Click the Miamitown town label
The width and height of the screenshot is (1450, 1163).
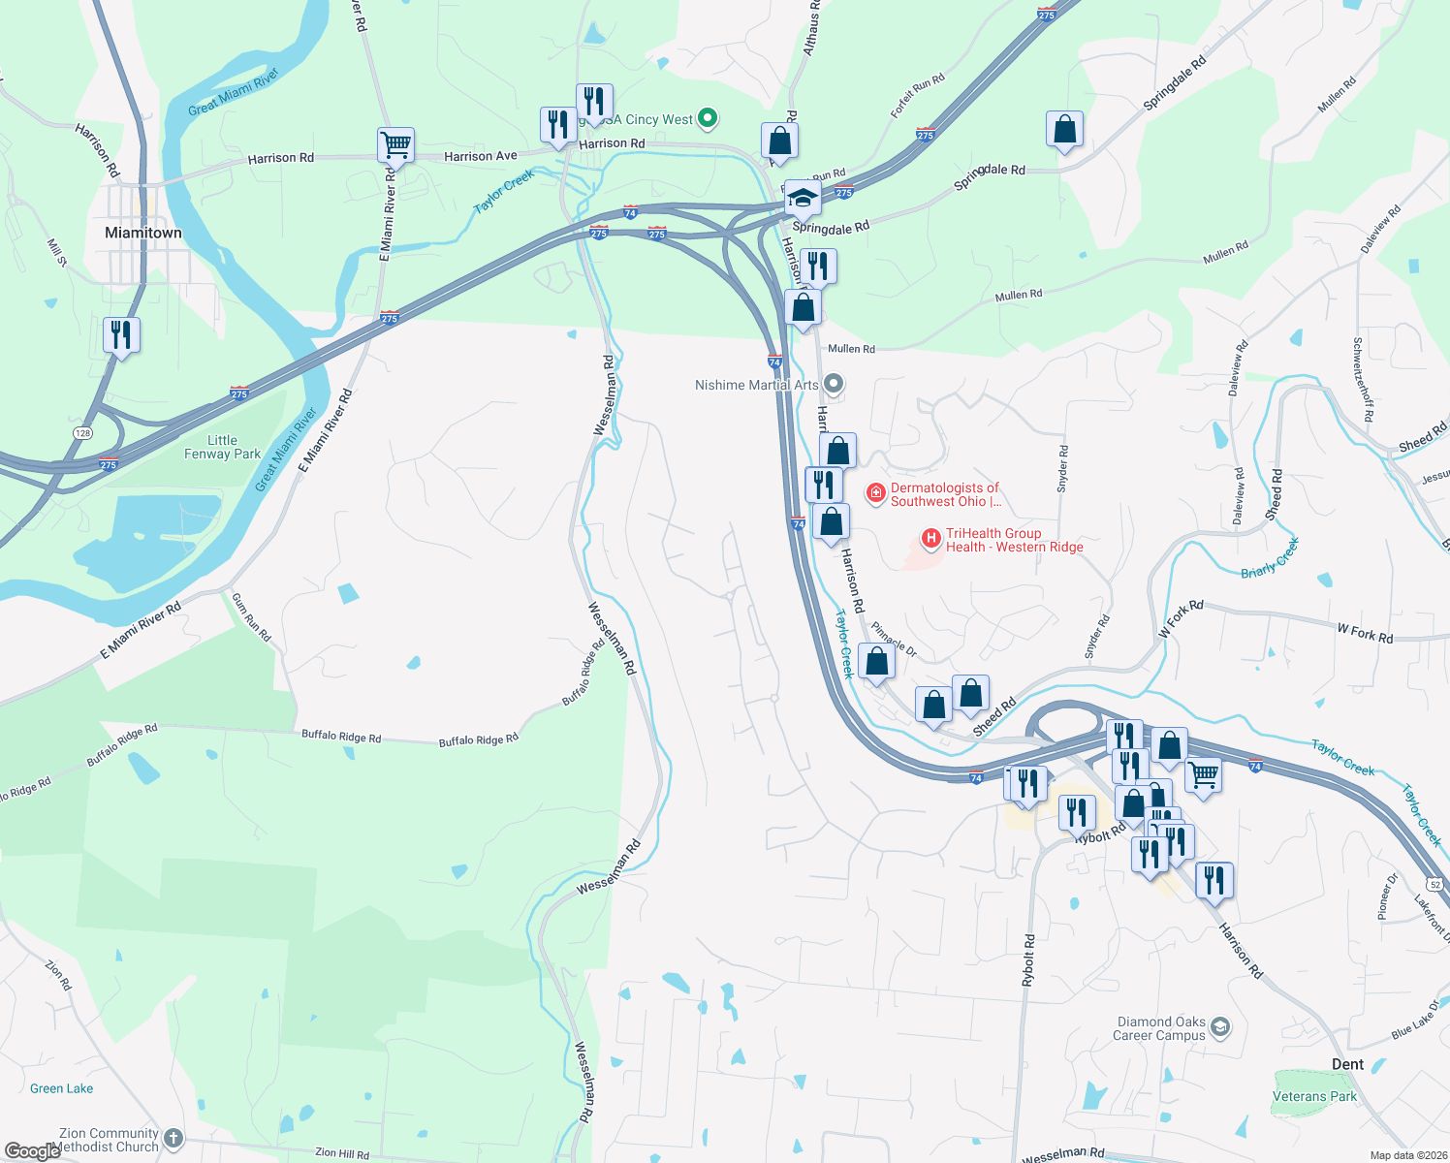[142, 233]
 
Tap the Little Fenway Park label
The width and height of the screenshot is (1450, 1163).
[222, 447]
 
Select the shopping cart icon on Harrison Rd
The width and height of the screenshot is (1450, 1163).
[395, 145]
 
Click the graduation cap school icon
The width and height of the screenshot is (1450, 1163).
[803, 198]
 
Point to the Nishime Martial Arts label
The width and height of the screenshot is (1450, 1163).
[757, 385]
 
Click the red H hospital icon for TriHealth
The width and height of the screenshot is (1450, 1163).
[930, 538]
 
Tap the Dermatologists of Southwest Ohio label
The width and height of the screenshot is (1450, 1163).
[945, 494]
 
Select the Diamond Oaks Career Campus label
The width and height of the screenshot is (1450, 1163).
[1160, 1028]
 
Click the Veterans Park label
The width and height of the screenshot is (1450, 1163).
[1314, 1096]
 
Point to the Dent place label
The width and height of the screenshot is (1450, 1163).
[1347, 1064]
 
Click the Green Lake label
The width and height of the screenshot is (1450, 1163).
[62, 1088]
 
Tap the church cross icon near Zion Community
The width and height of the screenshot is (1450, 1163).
[173, 1138]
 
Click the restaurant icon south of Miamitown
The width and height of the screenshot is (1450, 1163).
[121, 335]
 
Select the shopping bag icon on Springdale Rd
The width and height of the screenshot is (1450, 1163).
[1064, 129]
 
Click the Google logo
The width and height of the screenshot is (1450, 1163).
[33, 1151]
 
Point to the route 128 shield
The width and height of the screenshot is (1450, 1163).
[84, 433]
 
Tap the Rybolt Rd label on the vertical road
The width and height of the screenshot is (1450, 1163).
[1028, 960]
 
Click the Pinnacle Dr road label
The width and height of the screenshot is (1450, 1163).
[894, 639]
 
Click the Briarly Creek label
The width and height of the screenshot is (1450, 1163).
[1269, 559]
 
